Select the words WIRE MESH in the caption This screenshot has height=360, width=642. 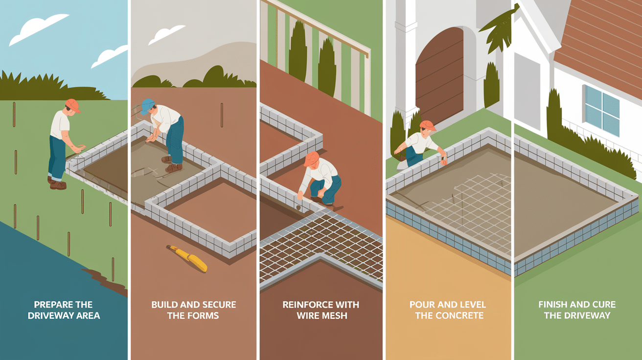321,315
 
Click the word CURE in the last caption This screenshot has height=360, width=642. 602,304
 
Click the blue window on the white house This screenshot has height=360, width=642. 601,110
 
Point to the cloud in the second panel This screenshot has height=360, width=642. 167,36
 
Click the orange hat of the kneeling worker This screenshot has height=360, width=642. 311,158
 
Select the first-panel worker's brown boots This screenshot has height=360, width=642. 57,183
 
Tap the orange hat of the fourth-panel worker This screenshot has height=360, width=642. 428,126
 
